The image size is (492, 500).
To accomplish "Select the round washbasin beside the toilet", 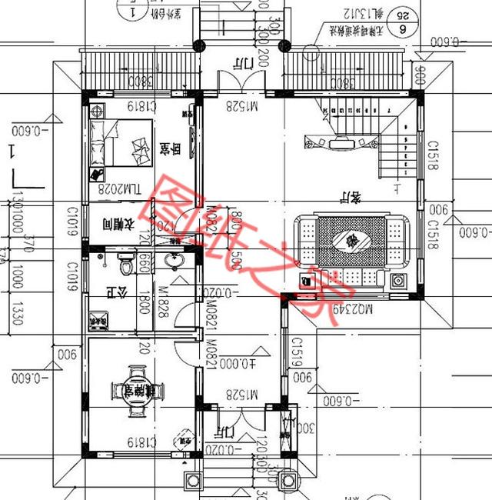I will (175, 262).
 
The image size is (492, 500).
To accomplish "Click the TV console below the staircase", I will (339, 142).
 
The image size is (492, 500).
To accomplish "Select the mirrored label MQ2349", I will (354, 308).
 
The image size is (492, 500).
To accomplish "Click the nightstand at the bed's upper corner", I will (98, 110).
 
